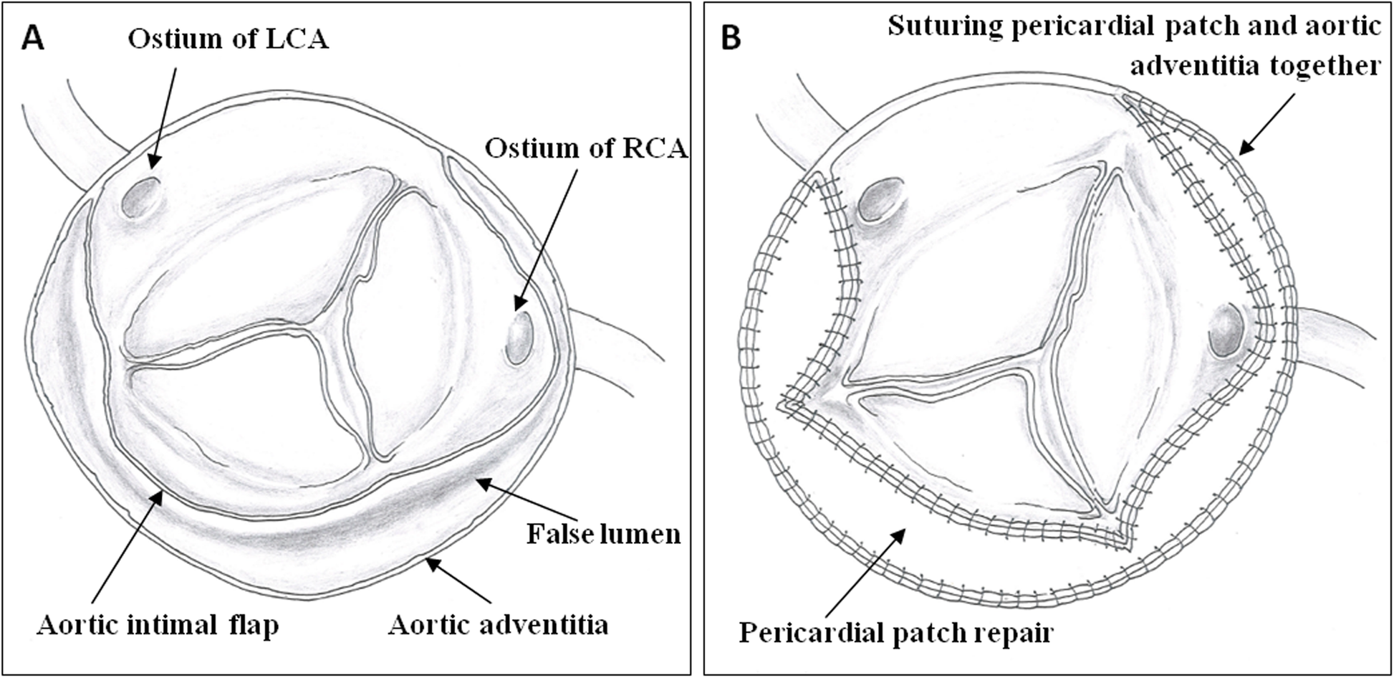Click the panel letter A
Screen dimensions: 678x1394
click(33, 37)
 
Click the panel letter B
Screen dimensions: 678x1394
click(731, 37)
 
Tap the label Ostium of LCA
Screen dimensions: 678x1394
click(228, 39)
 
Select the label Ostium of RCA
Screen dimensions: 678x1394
click(586, 148)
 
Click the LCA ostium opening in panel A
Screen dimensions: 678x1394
click(141, 197)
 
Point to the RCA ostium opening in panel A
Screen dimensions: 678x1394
click(519, 336)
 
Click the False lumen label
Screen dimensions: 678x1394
click(603, 534)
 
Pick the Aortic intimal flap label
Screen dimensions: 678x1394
click(158, 625)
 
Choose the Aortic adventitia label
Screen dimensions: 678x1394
click(499, 625)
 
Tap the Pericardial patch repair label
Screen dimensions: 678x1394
click(895, 633)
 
